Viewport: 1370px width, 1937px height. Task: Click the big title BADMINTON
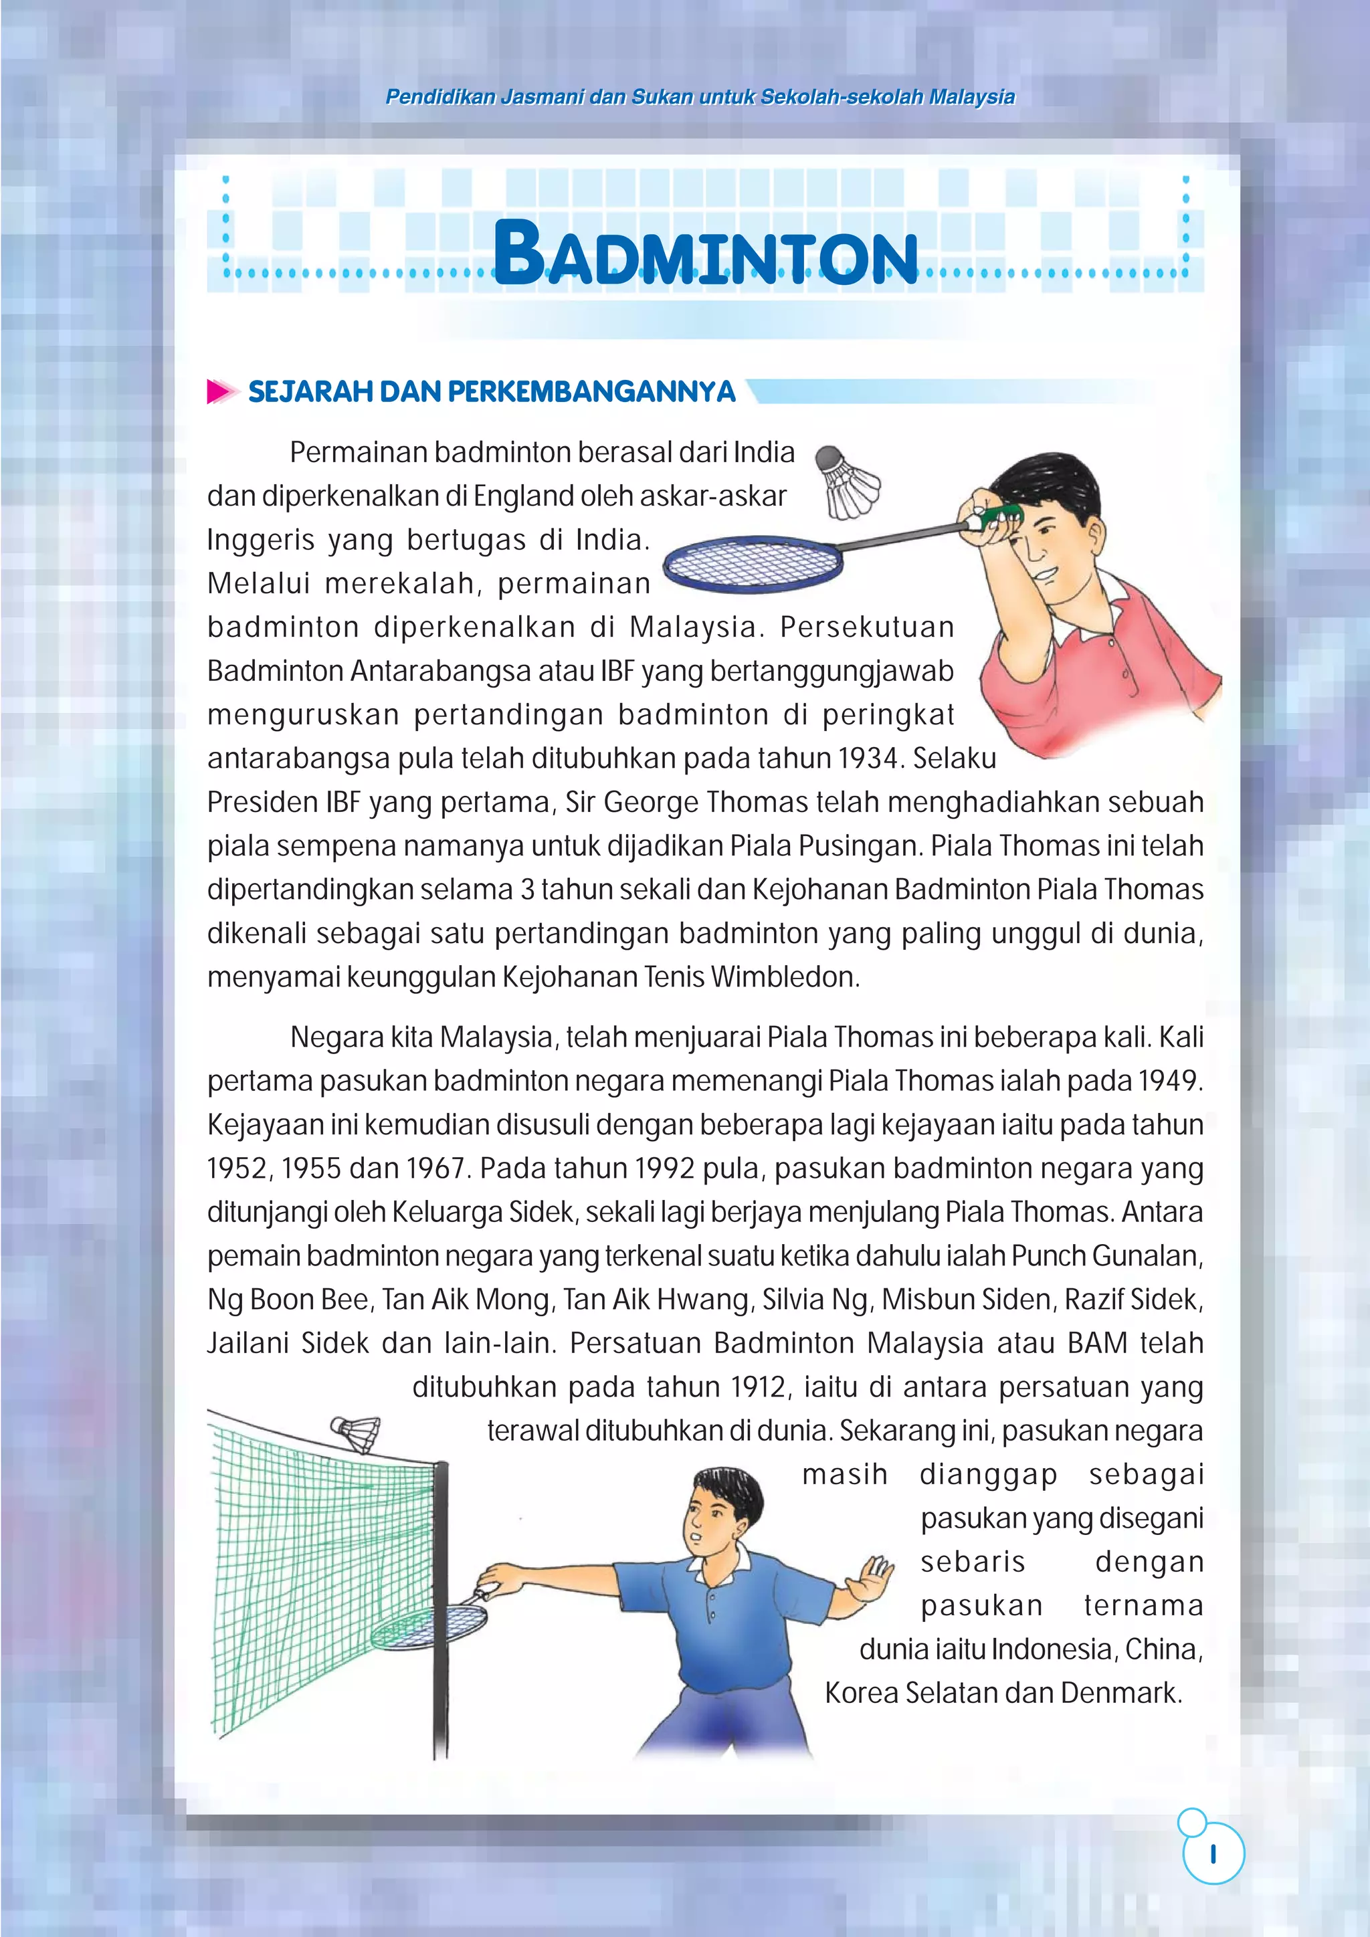point(705,252)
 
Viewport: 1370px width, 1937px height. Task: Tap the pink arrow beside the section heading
point(221,391)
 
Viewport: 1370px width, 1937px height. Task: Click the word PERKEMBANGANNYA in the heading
point(591,391)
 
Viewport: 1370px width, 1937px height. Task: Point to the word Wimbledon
point(785,977)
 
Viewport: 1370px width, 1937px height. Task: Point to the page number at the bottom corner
point(1212,1853)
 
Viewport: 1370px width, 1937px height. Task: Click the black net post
point(440,1603)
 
